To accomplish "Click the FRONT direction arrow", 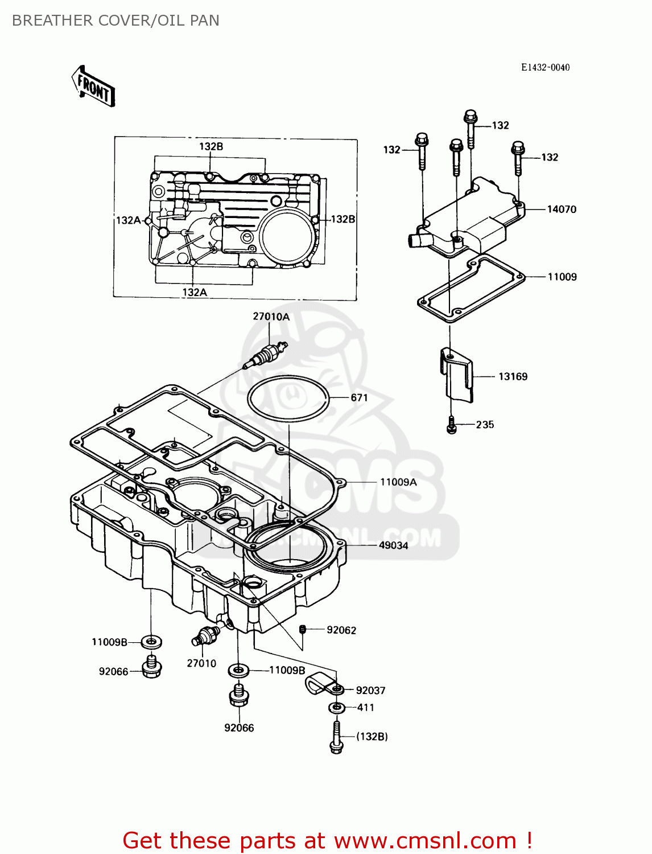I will click(x=94, y=87).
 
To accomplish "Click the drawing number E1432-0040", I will click(x=545, y=67).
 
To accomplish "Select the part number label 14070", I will click(x=561, y=210).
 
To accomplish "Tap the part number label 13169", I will click(x=513, y=376).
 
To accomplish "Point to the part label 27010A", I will click(x=271, y=317).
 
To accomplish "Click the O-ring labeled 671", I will click(x=288, y=398).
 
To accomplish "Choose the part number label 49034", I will click(x=393, y=545).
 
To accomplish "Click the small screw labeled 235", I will click(x=452, y=425).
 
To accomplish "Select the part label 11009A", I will click(x=398, y=482).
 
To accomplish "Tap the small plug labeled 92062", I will click(x=303, y=629).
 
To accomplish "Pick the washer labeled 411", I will click(x=337, y=708).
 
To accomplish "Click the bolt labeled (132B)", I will click(x=336, y=737).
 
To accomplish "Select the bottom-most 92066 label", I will click(x=239, y=728).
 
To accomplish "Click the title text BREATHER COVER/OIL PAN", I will click(x=115, y=20).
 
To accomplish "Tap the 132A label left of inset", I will click(x=128, y=220).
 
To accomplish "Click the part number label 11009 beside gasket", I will click(x=562, y=277).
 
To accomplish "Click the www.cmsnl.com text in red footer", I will click(x=425, y=840).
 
